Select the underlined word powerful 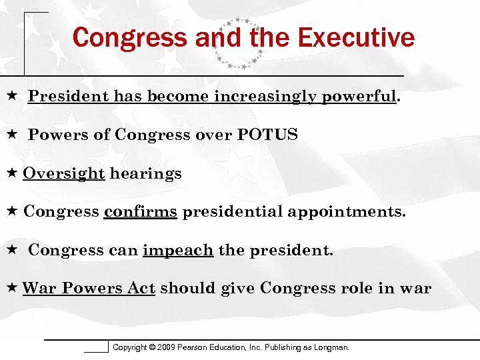pos(359,97)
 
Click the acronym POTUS pos(267,135)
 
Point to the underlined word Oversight pos(64,174)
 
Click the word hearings pos(146,174)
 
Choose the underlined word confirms pos(141,212)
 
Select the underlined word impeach pos(178,251)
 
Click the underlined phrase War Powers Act pos(89,289)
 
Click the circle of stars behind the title pos(237,43)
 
